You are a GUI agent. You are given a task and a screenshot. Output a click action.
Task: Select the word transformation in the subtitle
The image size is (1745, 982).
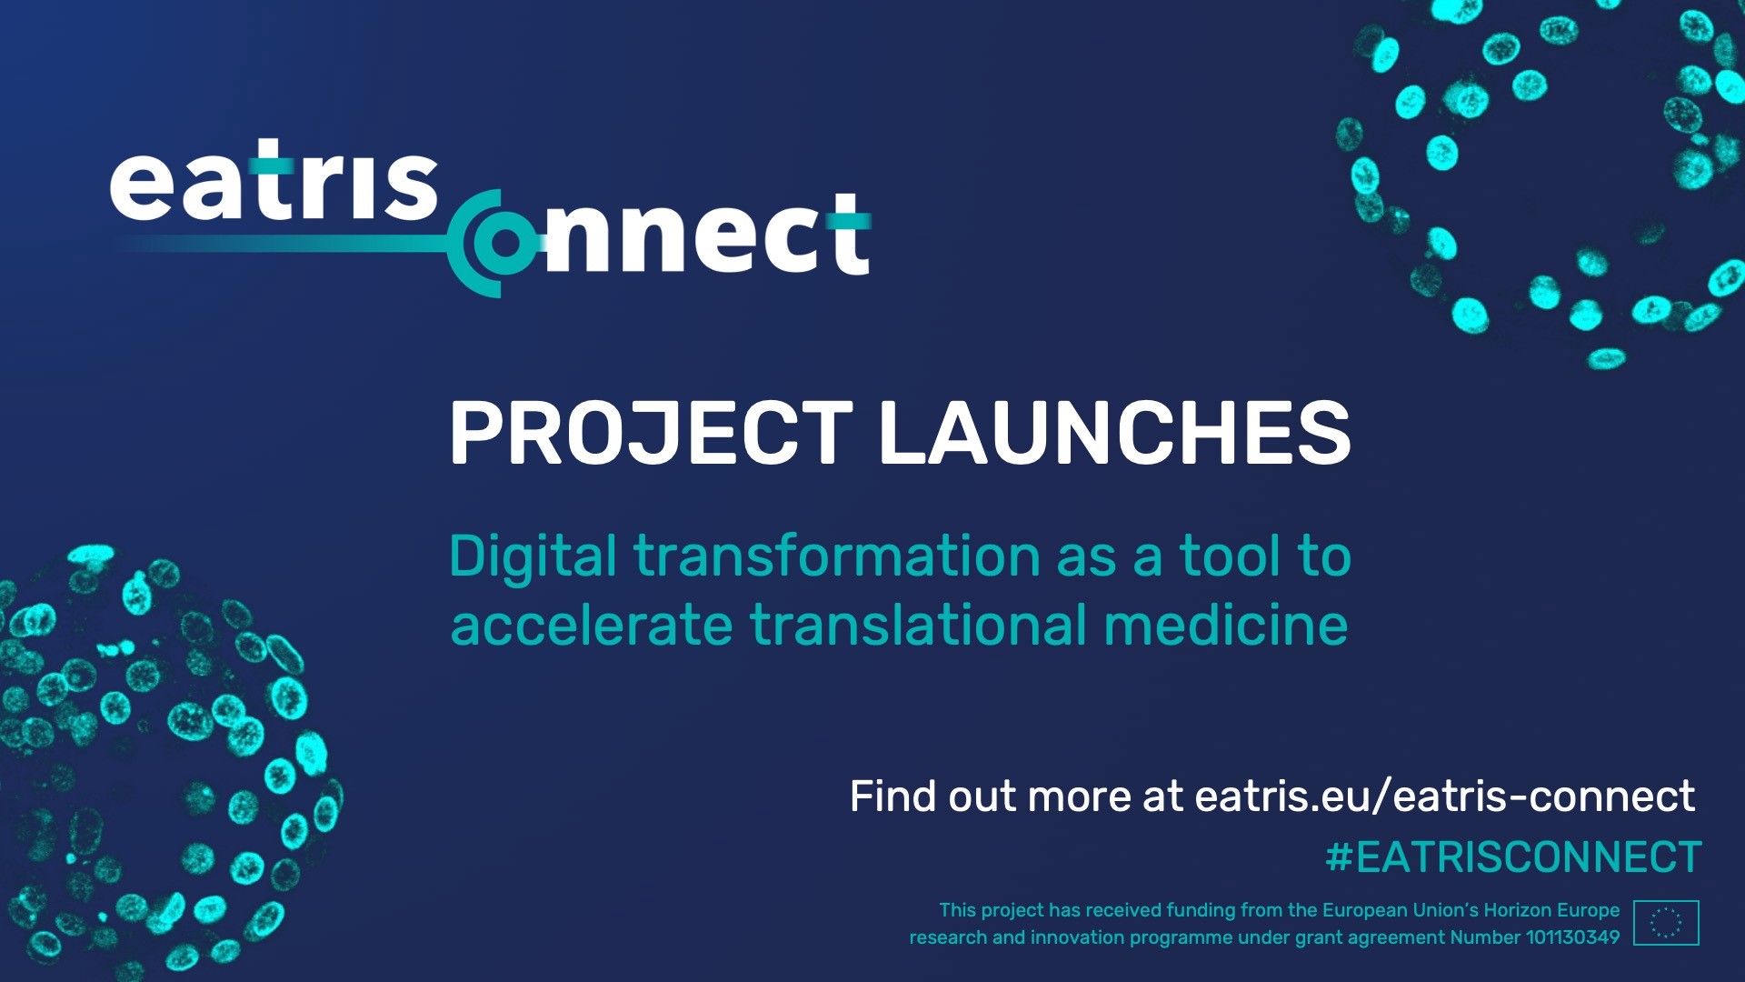point(837,556)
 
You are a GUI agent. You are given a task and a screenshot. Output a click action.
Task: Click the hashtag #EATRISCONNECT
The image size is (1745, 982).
point(1514,857)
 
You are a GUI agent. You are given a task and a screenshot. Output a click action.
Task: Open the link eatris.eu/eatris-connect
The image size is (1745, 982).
point(1444,797)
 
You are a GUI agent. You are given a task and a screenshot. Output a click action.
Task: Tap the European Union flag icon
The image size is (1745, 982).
point(1666,923)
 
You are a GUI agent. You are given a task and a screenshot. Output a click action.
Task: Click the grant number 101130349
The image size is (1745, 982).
point(1572,937)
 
